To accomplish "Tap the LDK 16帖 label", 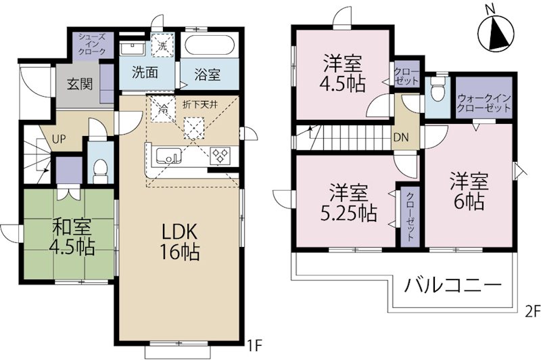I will [x=179, y=242].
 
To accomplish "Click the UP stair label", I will [x=60, y=139].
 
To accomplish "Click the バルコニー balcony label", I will [x=452, y=285].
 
